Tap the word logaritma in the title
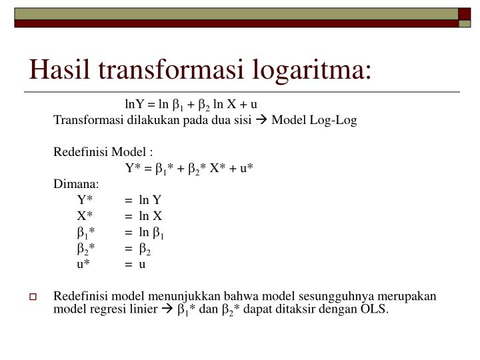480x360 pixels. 315,69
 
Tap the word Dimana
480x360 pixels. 76,184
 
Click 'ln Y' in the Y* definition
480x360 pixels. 150,200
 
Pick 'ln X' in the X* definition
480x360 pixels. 150,216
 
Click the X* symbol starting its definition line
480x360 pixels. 84,216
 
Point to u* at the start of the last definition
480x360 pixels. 83,264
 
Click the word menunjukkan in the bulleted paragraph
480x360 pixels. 197,296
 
